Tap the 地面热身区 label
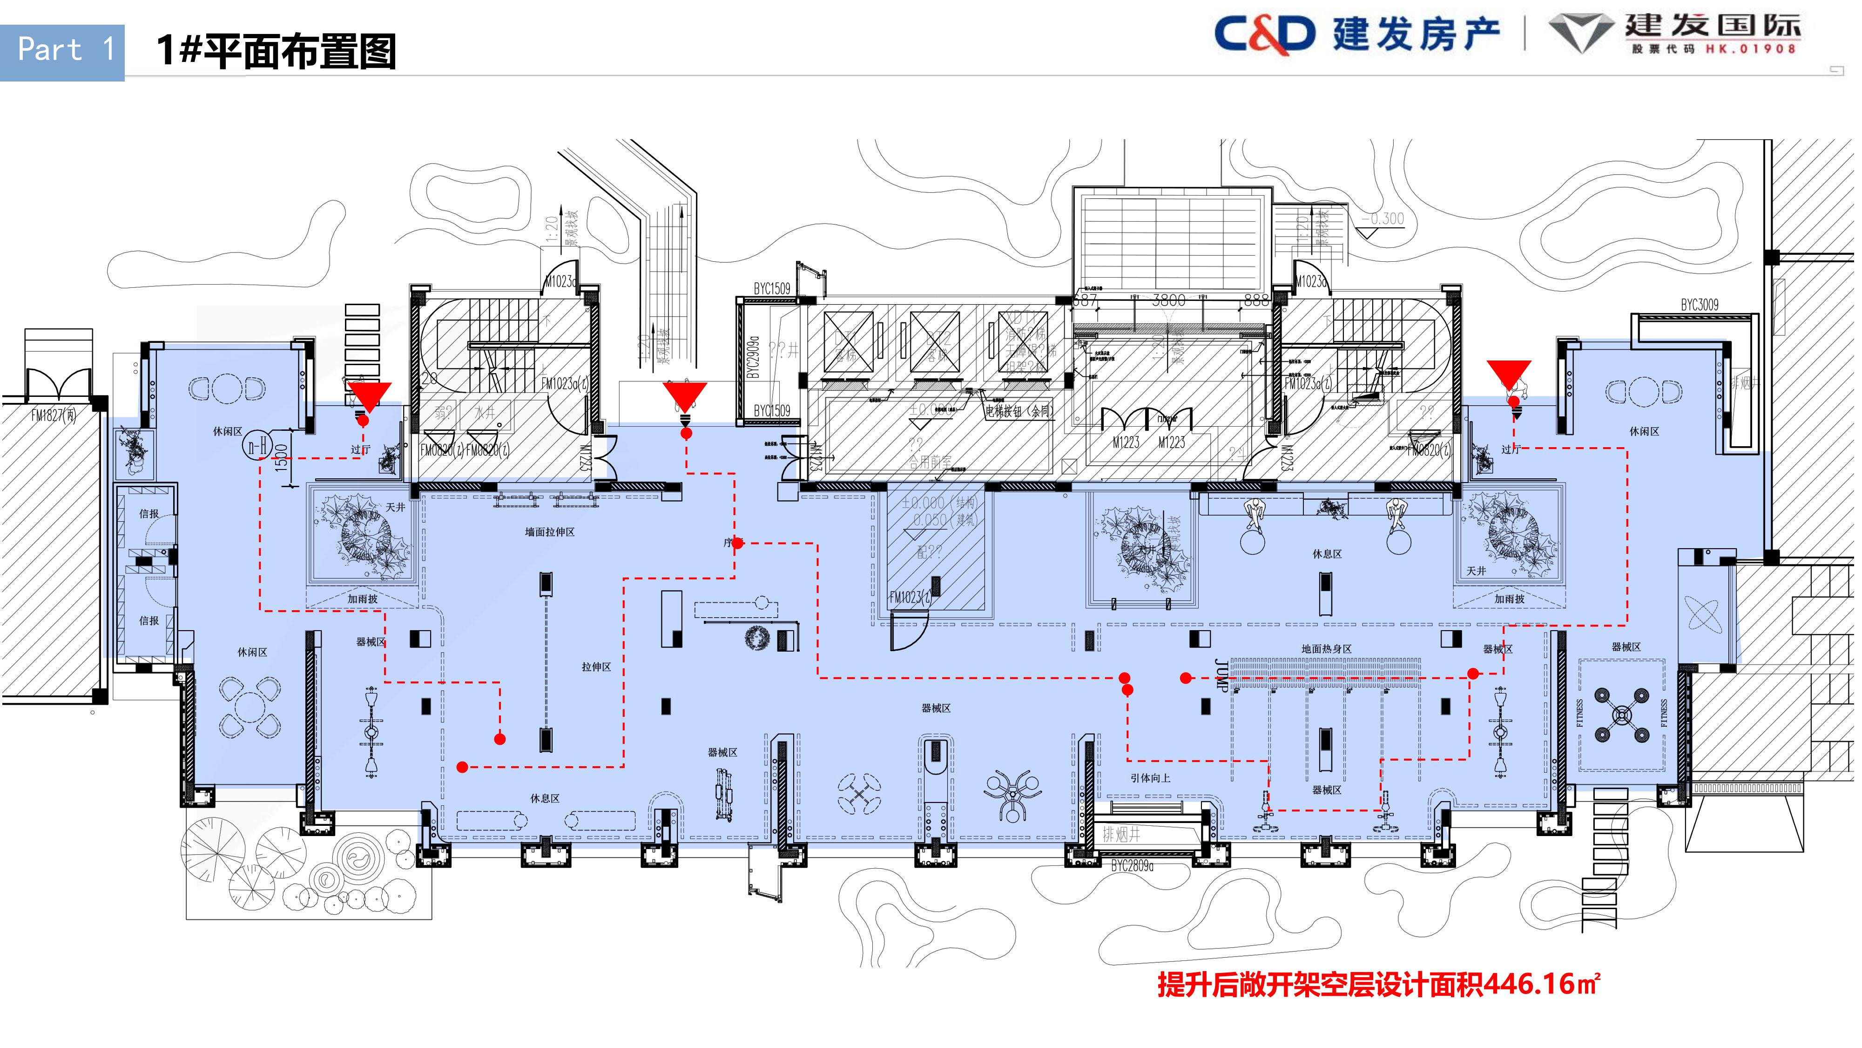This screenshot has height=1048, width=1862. click(1326, 649)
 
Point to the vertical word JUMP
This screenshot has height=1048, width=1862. click(1221, 676)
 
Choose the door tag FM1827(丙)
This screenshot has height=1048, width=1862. click(54, 415)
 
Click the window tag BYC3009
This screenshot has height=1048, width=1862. click(1700, 305)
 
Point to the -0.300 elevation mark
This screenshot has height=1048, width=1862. click(1383, 218)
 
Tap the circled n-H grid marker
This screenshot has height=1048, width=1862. click(256, 446)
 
